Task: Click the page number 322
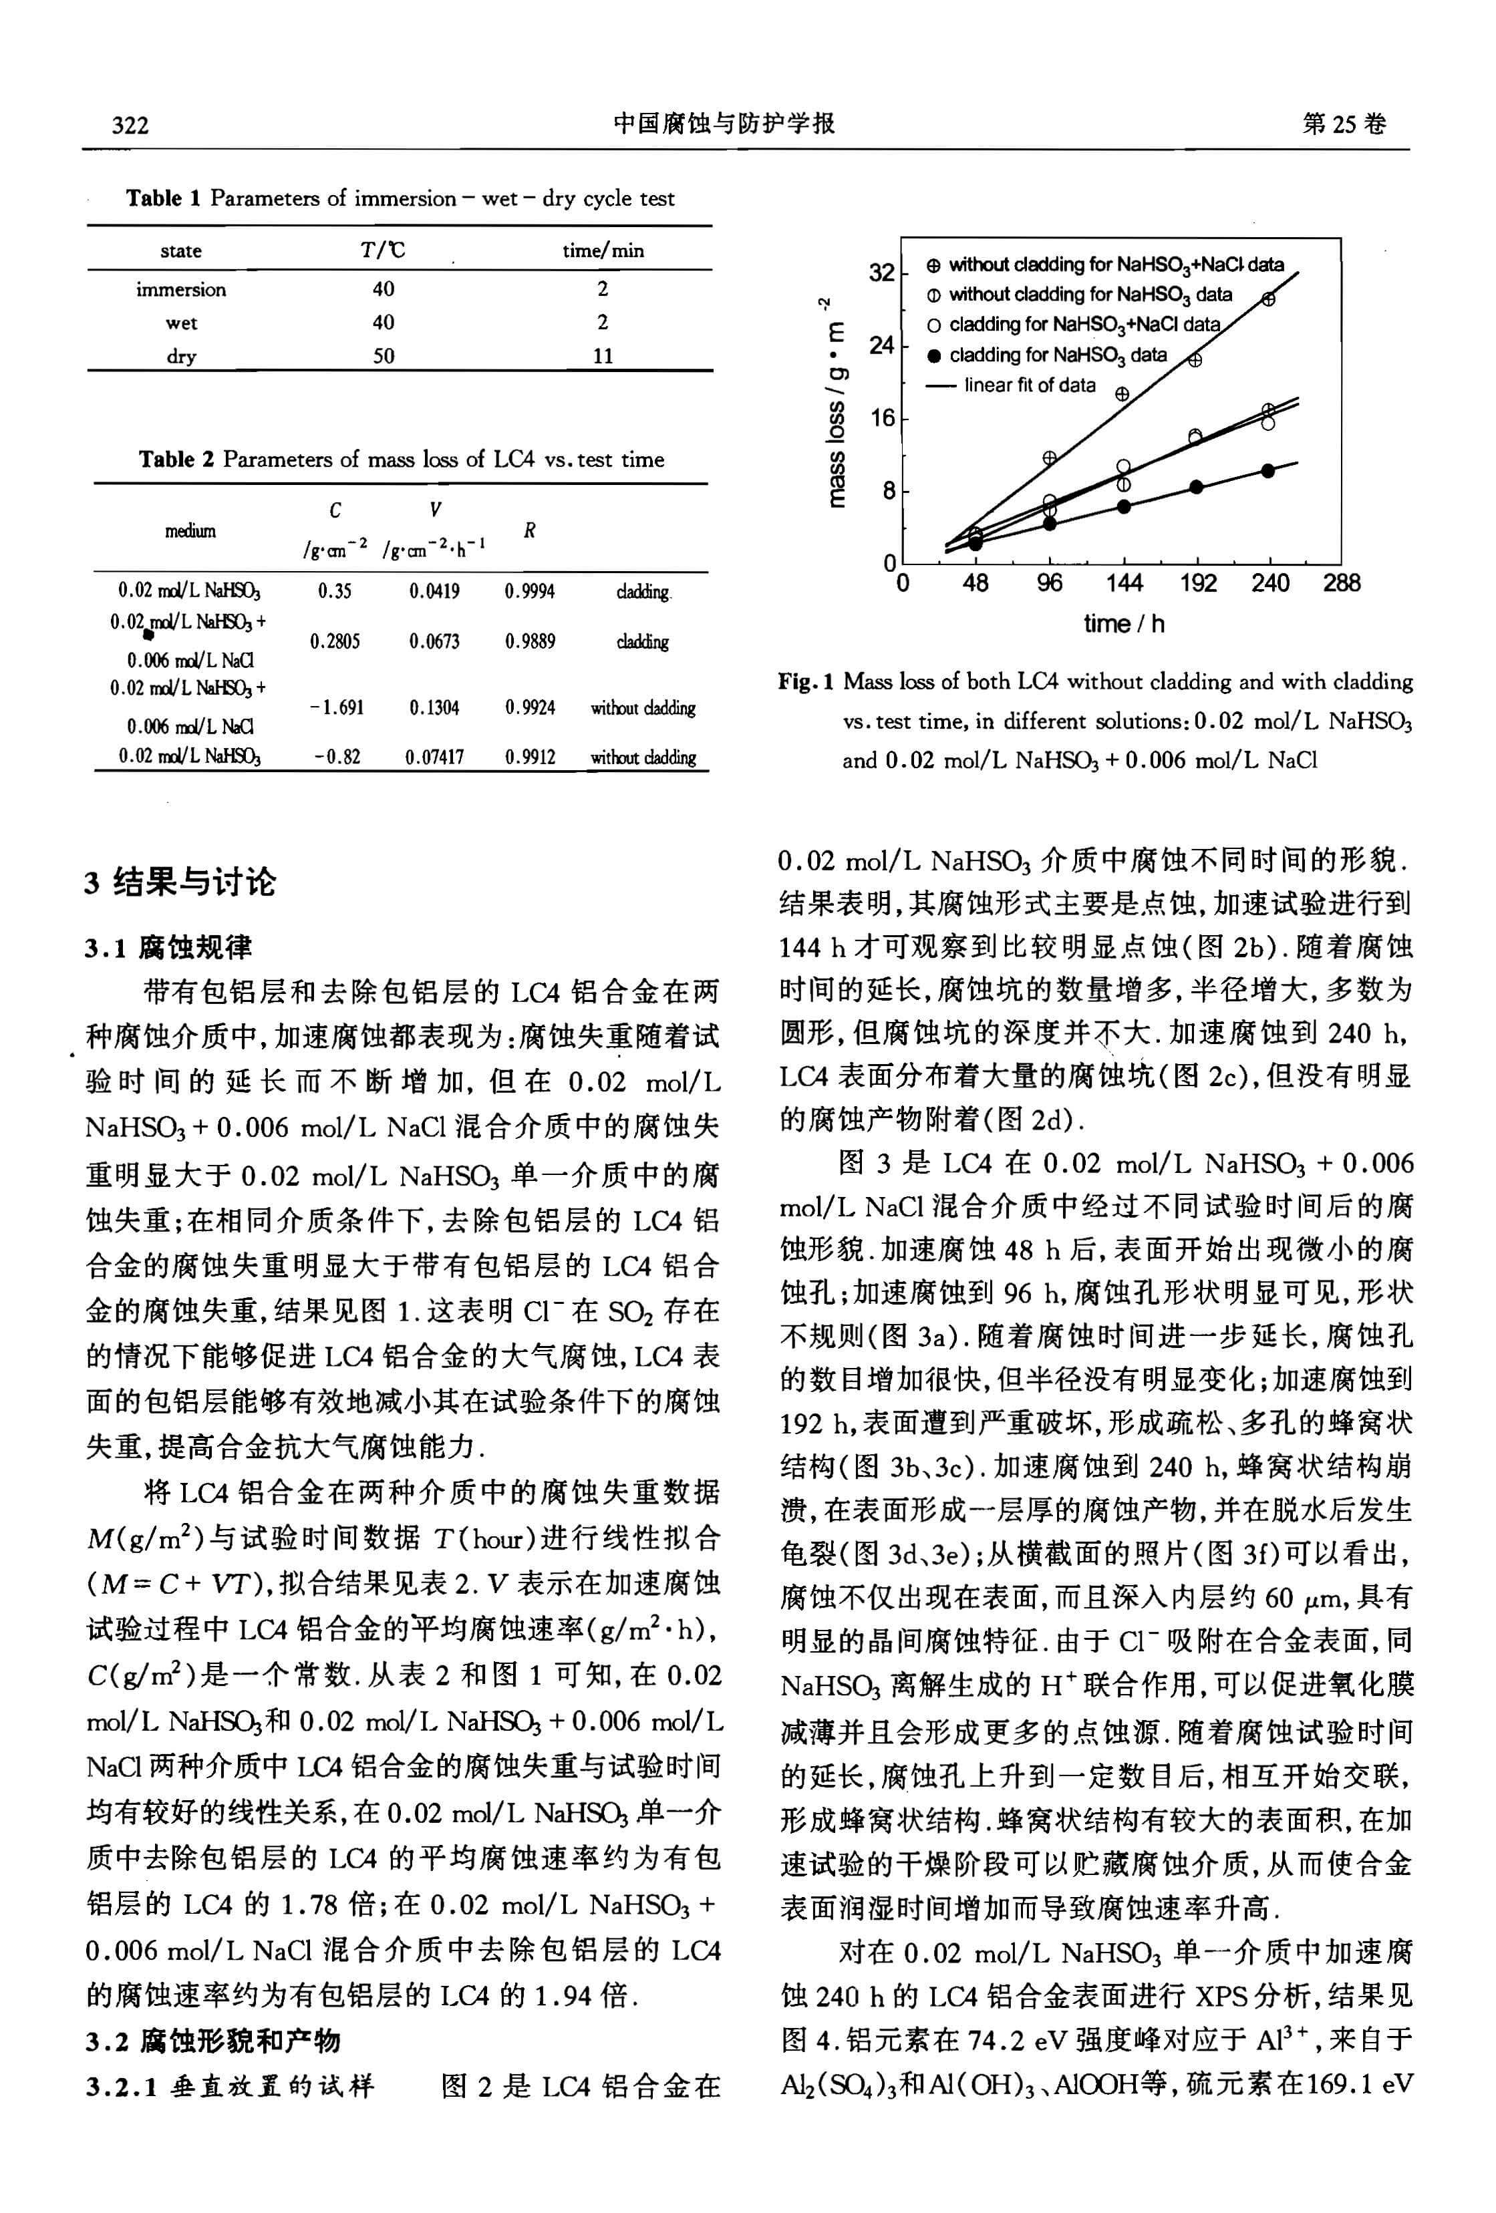pos(130,126)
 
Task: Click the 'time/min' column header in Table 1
pos(603,250)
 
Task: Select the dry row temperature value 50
pos(383,356)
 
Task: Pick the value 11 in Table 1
pos(603,356)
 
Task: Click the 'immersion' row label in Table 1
pos(181,289)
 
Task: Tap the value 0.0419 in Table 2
pos(434,591)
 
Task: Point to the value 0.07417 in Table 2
pos(434,757)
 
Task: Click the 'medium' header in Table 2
pos(190,531)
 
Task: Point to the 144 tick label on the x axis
pos(1124,582)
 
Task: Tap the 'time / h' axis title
pos(1124,625)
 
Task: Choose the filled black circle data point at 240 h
pos(1267,470)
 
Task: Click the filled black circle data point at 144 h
pos(1124,506)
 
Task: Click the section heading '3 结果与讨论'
pos(179,882)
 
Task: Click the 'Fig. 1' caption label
pos(806,682)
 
